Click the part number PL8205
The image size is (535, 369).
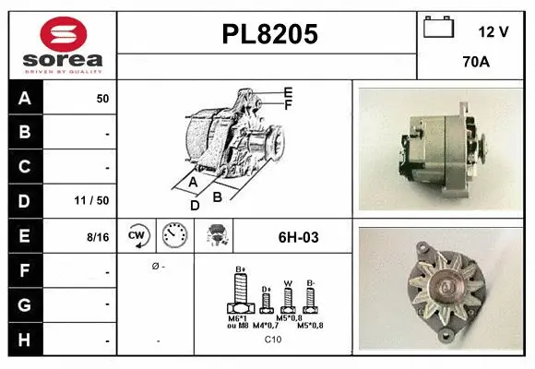click(269, 34)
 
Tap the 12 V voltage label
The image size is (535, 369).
click(493, 32)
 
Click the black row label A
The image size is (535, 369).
click(25, 98)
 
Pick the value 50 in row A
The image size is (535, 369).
click(102, 98)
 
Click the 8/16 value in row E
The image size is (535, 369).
click(97, 237)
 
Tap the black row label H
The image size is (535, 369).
click(25, 340)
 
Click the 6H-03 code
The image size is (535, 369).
click(298, 237)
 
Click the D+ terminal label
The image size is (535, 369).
click(267, 289)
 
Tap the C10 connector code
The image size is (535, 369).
click(273, 339)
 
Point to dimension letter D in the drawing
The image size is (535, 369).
click(195, 206)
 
